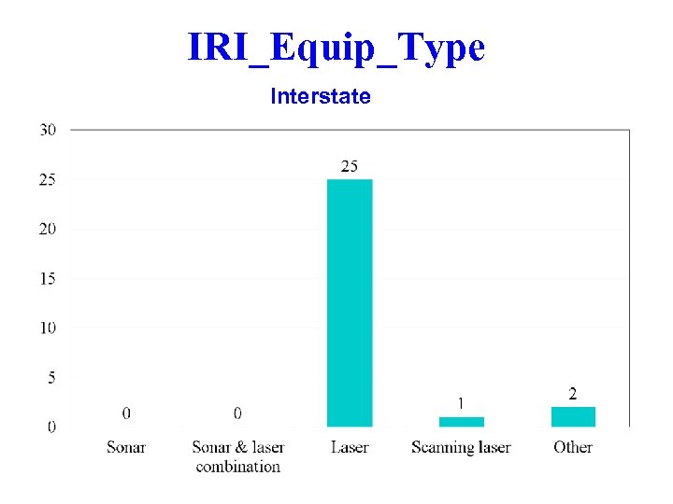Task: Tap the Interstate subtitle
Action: (321, 96)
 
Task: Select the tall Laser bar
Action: (350, 302)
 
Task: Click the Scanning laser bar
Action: (462, 422)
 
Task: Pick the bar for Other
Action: (573, 417)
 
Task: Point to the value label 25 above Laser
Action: (349, 166)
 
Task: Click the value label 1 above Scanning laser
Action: (461, 403)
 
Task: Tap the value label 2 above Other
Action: (573, 394)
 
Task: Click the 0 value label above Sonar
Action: (126, 413)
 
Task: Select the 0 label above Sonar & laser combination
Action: (237, 413)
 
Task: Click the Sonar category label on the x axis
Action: (126, 447)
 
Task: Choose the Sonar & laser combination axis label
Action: (238, 456)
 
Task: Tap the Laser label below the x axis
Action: (350, 447)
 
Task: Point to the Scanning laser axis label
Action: (461, 447)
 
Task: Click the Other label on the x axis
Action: (573, 447)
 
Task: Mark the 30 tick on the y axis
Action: (47, 130)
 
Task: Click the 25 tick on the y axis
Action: (47, 179)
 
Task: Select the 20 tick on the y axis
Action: (47, 229)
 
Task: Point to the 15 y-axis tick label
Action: (47, 278)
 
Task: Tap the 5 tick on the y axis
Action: (50, 377)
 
